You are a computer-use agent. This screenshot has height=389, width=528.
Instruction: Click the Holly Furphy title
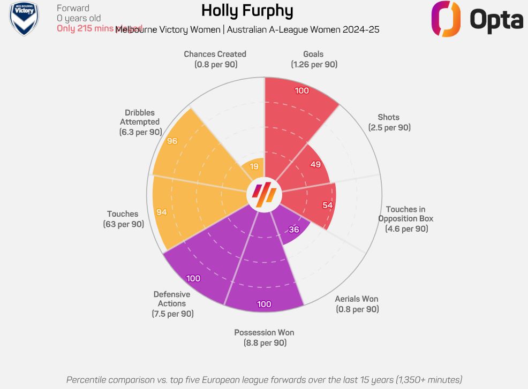click(x=247, y=11)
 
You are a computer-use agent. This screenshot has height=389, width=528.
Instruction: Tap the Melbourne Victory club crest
click(x=24, y=18)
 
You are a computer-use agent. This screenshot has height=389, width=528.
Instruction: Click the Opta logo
click(x=477, y=19)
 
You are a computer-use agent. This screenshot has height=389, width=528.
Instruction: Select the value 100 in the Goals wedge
click(x=302, y=90)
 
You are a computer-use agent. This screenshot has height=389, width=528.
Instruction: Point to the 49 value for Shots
click(x=315, y=164)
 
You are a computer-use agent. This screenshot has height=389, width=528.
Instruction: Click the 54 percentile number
click(x=328, y=205)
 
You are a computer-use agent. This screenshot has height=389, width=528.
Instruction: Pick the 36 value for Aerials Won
click(x=294, y=230)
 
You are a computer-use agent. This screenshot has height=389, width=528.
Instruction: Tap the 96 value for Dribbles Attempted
click(x=172, y=141)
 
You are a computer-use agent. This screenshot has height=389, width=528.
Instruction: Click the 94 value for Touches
click(x=162, y=212)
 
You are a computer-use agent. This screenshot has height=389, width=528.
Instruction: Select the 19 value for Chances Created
click(x=254, y=166)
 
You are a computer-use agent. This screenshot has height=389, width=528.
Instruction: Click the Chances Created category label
click(x=215, y=59)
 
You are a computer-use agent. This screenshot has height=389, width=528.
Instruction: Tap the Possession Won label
click(x=264, y=337)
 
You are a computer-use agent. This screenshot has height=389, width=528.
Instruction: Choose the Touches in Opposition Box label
click(x=406, y=219)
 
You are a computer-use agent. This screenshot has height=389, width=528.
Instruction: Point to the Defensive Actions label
click(x=172, y=304)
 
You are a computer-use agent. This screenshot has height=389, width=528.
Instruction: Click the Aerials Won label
click(x=357, y=304)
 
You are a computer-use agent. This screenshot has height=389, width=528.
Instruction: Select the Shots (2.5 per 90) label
click(x=389, y=123)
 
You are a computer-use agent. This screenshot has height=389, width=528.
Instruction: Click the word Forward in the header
click(x=73, y=8)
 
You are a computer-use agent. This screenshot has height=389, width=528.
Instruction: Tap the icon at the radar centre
click(x=264, y=193)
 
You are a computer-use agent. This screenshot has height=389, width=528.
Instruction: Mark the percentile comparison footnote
click(x=264, y=379)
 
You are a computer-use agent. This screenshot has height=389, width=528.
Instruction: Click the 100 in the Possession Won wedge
click(x=264, y=304)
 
